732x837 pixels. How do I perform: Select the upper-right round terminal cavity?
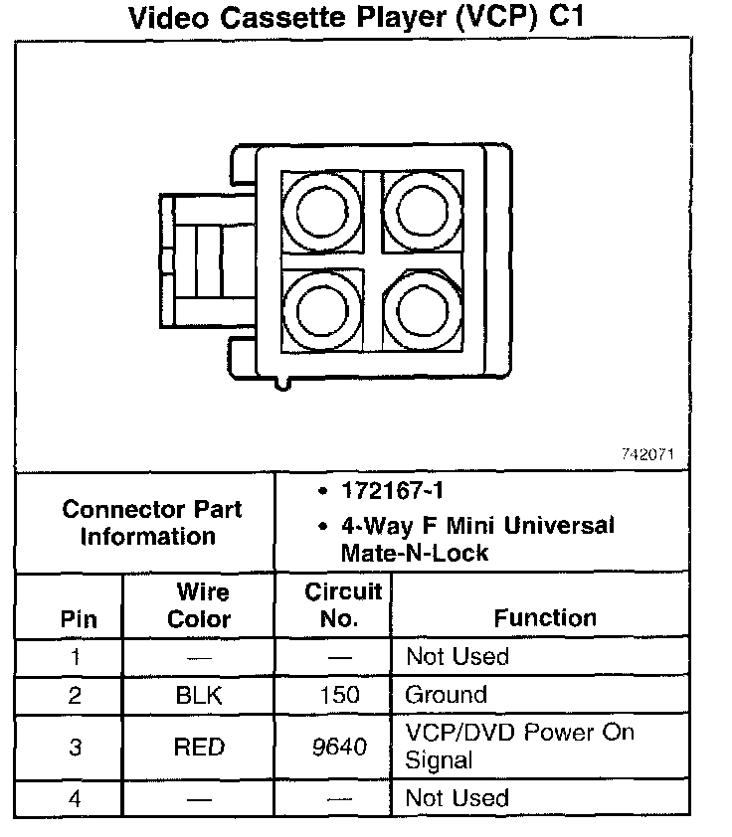(423, 211)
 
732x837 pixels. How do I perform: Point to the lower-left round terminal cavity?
(321, 309)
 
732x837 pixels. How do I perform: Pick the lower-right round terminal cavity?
(423, 309)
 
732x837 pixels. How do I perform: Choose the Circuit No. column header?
(341, 605)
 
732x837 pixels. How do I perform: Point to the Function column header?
(545, 617)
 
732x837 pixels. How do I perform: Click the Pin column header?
(79, 618)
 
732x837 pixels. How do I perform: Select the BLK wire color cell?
(199, 695)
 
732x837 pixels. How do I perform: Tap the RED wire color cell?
(199, 747)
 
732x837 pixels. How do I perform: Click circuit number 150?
(340, 695)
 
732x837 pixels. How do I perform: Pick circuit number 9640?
(340, 747)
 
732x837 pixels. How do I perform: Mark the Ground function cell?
(447, 695)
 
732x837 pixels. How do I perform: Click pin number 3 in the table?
(76, 747)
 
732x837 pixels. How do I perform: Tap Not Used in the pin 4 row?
(457, 798)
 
